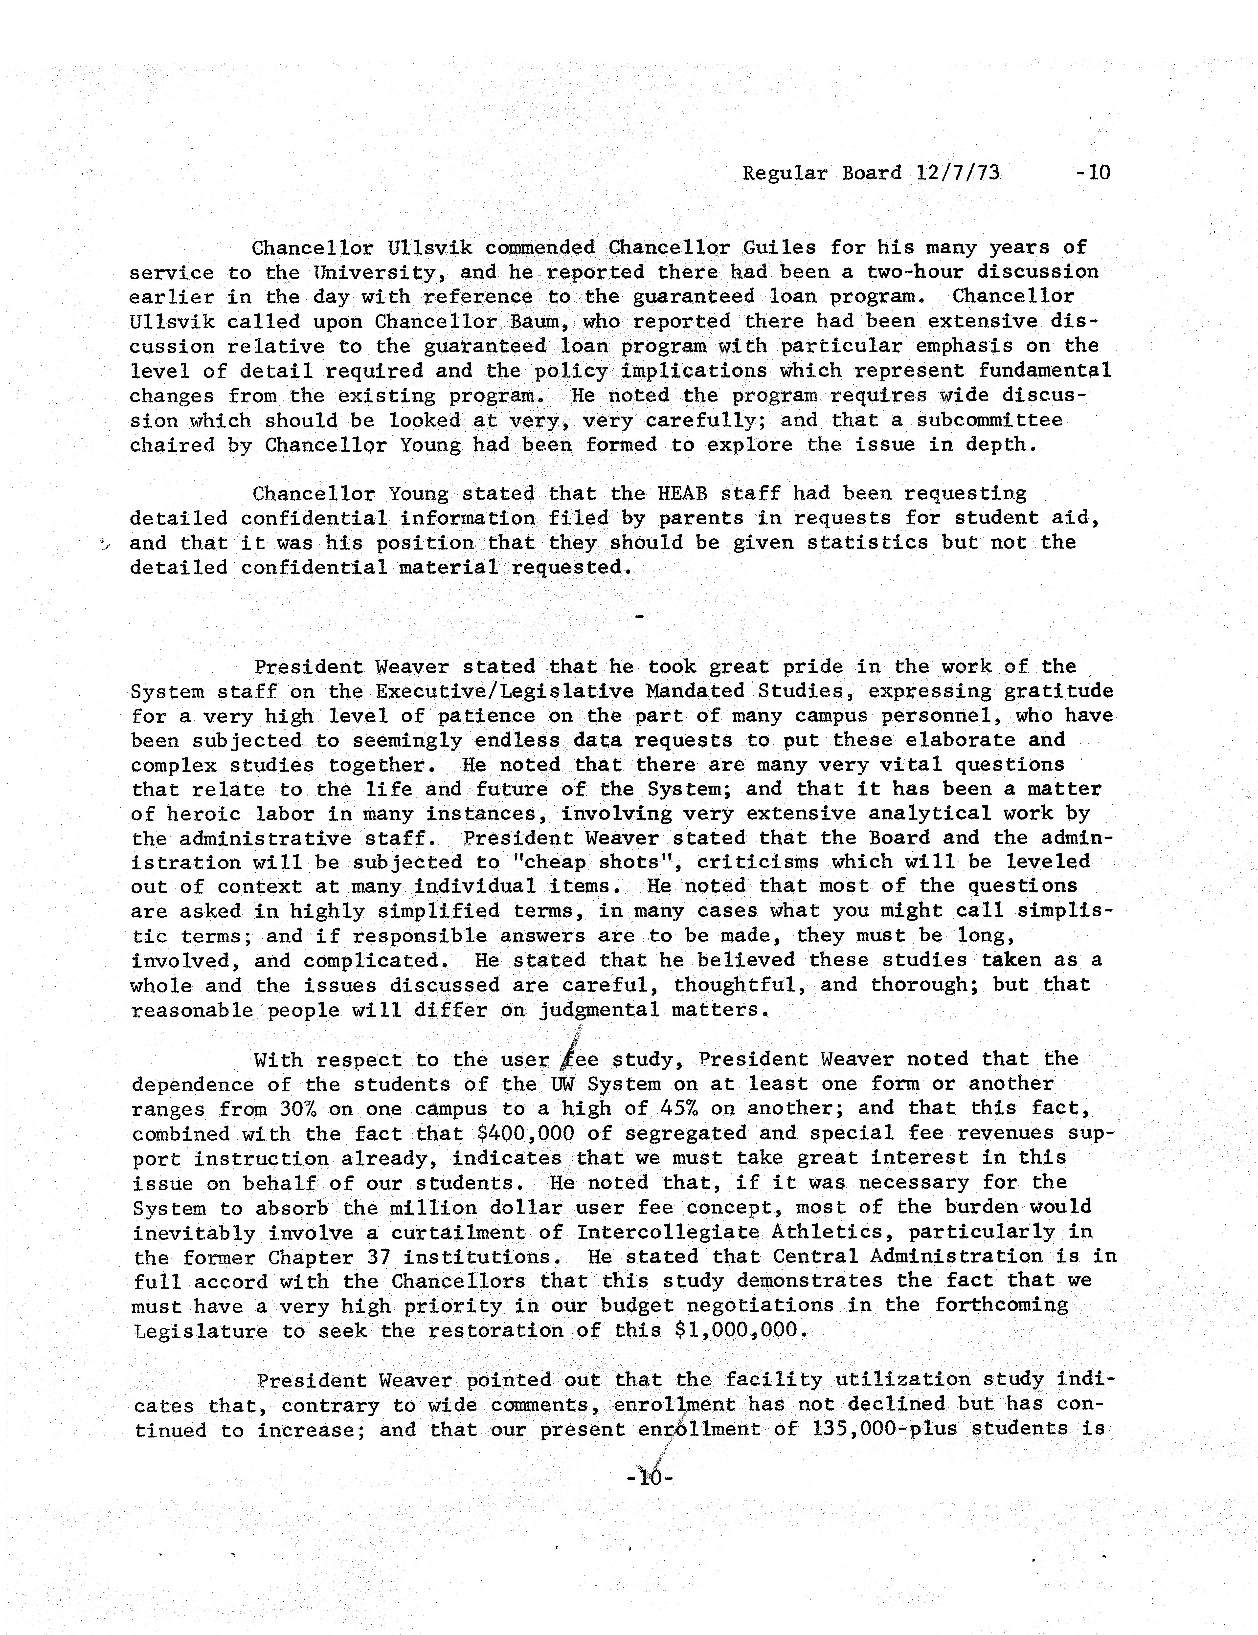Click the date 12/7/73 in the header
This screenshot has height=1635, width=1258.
pyautogui.click(x=958, y=173)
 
